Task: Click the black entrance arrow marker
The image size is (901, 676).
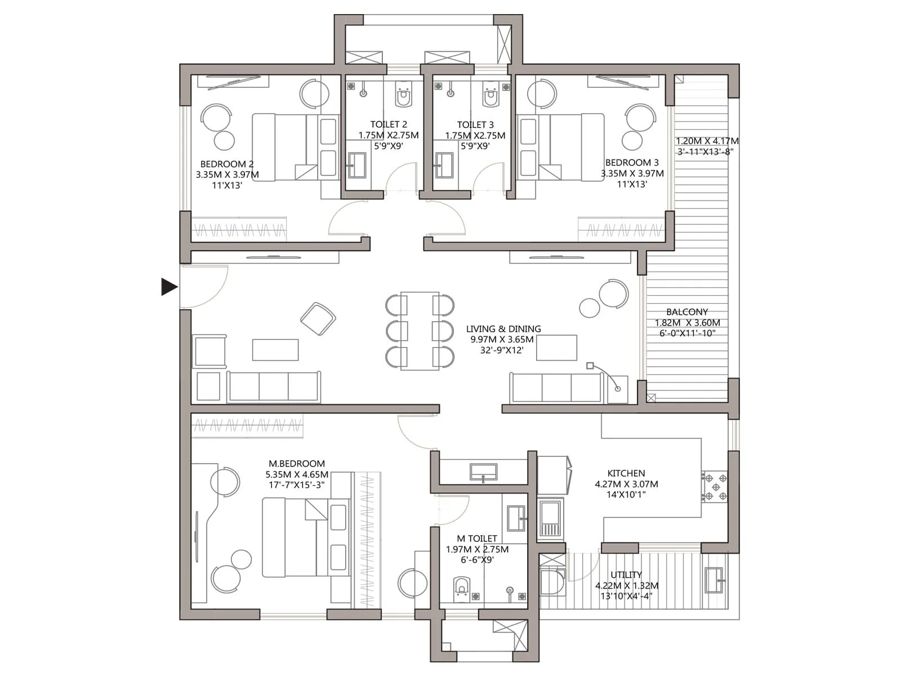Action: (168, 287)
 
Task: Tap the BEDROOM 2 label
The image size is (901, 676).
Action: (227, 164)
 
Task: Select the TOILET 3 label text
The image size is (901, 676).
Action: (475, 124)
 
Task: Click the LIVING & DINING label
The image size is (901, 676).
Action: (503, 328)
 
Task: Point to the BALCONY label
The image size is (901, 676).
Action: (687, 312)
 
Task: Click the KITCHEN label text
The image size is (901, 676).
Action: (626, 473)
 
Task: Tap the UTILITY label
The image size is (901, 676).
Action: (626, 575)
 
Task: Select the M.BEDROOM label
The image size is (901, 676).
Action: (297, 464)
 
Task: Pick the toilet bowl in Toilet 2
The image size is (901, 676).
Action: (403, 96)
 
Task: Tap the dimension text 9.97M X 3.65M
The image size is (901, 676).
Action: (502, 339)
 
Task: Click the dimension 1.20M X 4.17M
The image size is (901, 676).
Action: (707, 141)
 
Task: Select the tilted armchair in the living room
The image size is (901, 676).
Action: (318, 319)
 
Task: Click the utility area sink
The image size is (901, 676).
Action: (715, 580)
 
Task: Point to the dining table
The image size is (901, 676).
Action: (420, 331)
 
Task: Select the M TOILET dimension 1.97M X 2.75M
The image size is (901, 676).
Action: (477, 549)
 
